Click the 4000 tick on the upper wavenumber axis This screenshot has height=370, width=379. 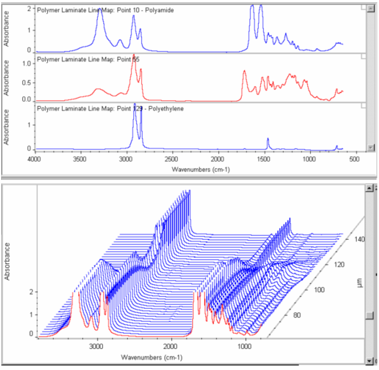(36, 160)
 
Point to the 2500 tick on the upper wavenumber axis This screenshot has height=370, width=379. (173, 160)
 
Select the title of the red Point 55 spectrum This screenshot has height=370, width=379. (88, 59)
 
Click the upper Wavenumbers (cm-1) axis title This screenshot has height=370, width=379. (195, 169)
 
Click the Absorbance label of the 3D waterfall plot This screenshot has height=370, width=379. (7, 261)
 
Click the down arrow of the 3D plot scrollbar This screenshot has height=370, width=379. (371, 360)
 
